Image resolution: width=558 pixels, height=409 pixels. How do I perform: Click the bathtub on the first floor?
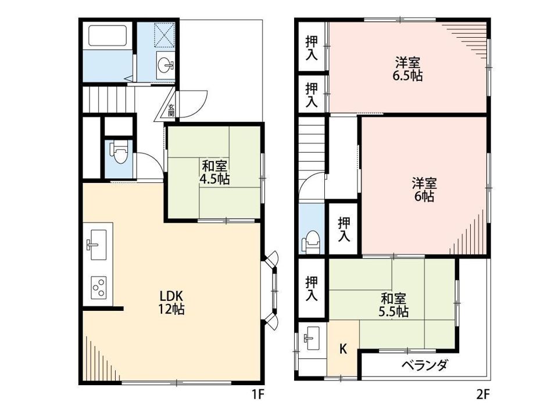[x=108, y=35]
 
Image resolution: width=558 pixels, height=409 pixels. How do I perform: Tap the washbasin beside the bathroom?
[x=166, y=66]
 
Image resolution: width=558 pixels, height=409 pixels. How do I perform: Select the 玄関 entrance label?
[x=171, y=110]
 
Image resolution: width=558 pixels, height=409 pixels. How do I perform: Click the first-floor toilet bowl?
[x=120, y=153]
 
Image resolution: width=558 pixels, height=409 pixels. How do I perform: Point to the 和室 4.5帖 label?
[x=214, y=173]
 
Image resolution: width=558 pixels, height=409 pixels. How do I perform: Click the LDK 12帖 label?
[x=171, y=302]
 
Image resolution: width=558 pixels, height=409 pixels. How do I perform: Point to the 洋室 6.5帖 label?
[x=408, y=69]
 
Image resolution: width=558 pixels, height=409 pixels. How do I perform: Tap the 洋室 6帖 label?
[x=424, y=190]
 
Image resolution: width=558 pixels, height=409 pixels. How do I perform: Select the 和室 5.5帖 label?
[x=394, y=305]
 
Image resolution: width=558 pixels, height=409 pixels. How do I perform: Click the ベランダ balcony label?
[x=425, y=365]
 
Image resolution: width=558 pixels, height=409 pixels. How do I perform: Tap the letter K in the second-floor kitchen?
[x=343, y=349]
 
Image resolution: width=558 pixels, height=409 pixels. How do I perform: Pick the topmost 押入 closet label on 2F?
[x=312, y=48]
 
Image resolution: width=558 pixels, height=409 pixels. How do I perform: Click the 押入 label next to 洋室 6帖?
[x=344, y=229]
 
